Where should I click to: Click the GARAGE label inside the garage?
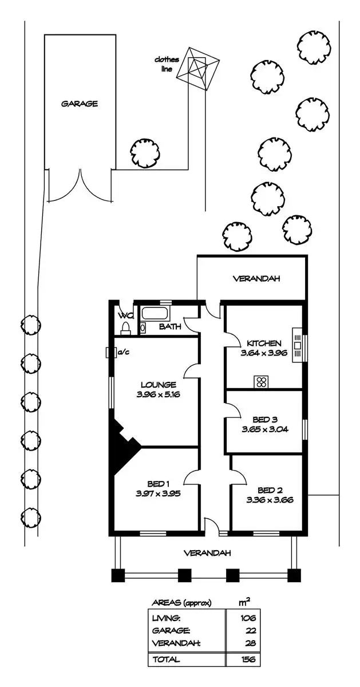[x=80, y=104]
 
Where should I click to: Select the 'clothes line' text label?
[x=167, y=64]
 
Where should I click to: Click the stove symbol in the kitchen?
[x=262, y=381]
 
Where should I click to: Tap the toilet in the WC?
[x=125, y=327]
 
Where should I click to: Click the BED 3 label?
[x=264, y=419]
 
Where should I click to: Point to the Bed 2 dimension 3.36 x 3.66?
[x=270, y=499]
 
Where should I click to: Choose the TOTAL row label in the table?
[x=166, y=659]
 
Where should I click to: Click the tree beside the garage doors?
[x=144, y=152]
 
